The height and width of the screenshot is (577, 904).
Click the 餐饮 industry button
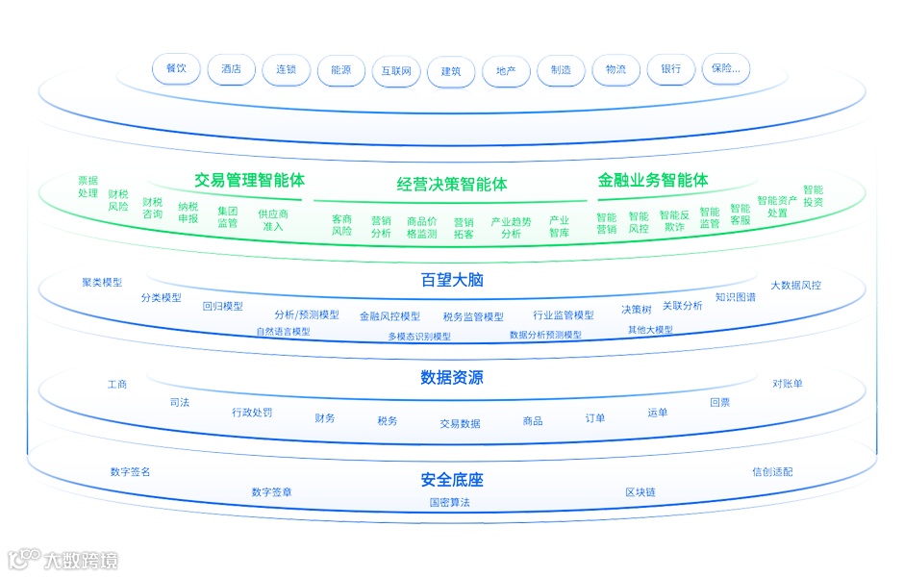click(176, 69)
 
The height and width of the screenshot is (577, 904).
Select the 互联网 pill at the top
click(396, 70)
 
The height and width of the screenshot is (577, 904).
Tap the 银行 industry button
click(670, 69)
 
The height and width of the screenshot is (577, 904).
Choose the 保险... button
click(726, 69)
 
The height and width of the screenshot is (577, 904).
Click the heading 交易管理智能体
click(250, 180)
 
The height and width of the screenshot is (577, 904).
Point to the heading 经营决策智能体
click(452, 184)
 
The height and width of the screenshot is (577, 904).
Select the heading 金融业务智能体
click(653, 180)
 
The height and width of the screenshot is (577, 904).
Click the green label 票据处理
click(88, 187)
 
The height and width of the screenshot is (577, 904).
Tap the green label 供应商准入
click(273, 220)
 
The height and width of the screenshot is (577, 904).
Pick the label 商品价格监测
click(421, 227)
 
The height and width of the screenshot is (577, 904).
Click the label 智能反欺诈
click(674, 221)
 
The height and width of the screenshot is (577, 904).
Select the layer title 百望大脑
click(452, 281)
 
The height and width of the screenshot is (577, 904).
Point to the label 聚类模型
click(102, 283)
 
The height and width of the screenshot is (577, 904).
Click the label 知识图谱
click(736, 297)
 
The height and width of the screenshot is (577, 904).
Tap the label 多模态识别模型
click(419, 337)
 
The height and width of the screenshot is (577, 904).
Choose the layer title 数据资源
click(452, 378)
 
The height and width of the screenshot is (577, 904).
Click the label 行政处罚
click(252, 413)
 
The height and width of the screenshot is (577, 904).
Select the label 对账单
click(788, 384)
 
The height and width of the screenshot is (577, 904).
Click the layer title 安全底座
click(452, 480)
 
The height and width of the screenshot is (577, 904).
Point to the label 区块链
click(640, 492)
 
